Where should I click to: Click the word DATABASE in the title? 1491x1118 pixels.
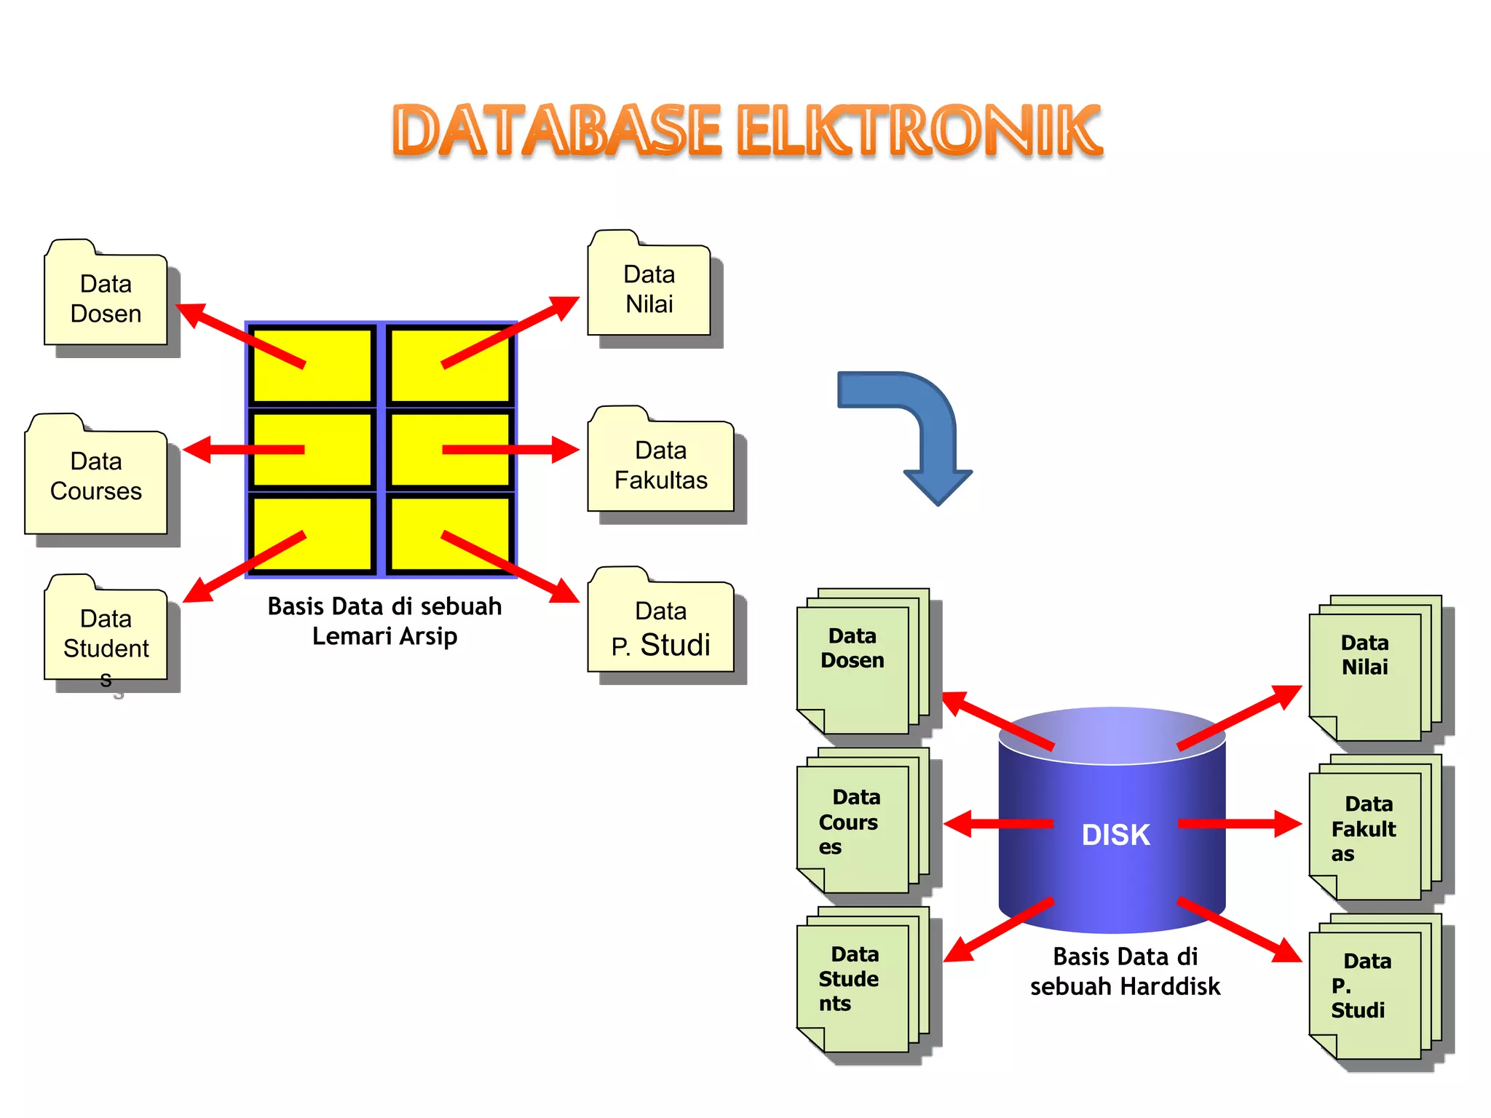tap(557, 131)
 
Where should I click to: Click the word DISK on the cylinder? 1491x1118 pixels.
tap(1115, 835)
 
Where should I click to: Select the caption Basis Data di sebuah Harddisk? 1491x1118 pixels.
tap(1125, 972)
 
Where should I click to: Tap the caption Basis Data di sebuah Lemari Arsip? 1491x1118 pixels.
tap(384, 621)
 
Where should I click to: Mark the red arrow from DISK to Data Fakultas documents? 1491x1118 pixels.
tap(1238, 824)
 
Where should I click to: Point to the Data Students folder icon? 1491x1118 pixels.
tap(106, 633)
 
